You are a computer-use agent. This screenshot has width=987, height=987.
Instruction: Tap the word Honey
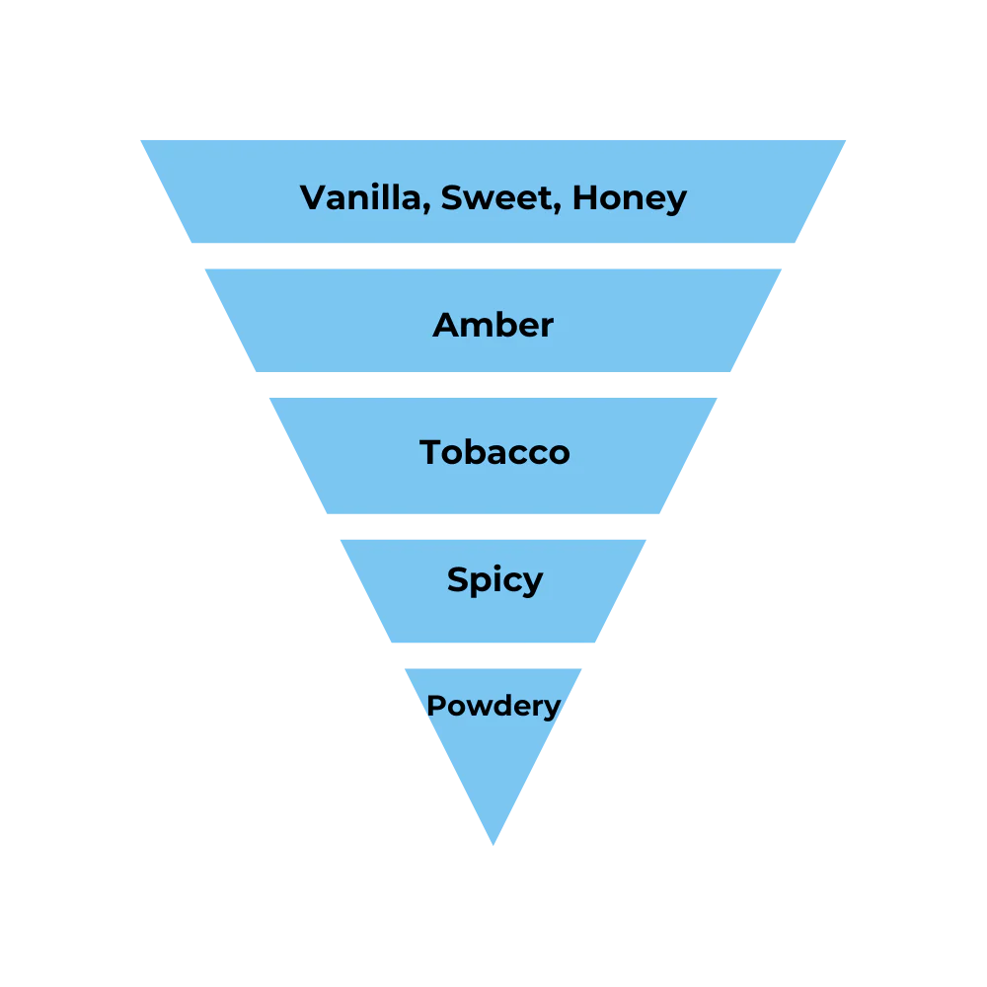pyautogui.click(x=629, y=199)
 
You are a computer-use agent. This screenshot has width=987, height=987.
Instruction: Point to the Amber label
pyautogui.click(x=493, y=325)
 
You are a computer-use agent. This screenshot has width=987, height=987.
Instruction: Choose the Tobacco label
pyautogui.click(x=494, y=452)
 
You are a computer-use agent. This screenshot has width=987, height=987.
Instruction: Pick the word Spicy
pyautogui.click(x=494, y=580)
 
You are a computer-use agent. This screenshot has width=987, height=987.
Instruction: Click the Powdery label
pyautogui.click(x=493, y=707)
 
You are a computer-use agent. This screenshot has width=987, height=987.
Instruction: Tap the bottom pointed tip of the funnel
pyautogui.click(x=493, y=846)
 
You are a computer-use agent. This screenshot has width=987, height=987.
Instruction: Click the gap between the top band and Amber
pyautogui.click(x=493, y=257)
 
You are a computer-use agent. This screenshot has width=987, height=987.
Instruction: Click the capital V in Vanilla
pyautogui.click(x=313, y=197)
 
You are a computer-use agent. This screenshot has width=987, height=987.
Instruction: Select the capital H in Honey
pyautogui.click(x=585, y=197)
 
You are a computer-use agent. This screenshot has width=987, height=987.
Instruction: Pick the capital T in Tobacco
pyautogui.click(x=431, y=452)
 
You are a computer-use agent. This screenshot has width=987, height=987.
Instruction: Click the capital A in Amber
pyautogui.click(x=446, y=325)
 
